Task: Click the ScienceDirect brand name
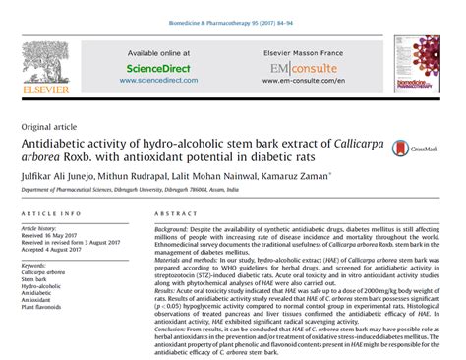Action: pos(158,69)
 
